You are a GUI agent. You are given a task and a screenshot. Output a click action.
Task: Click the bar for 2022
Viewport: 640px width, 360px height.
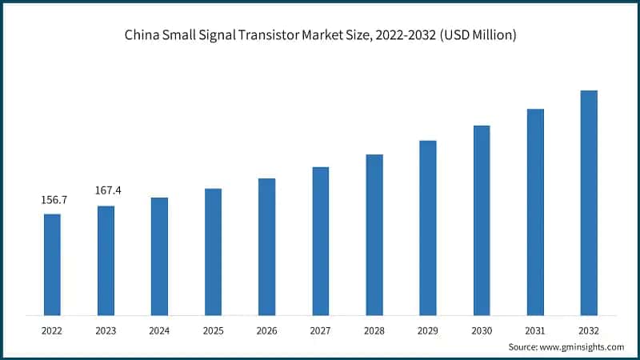pos(52,264)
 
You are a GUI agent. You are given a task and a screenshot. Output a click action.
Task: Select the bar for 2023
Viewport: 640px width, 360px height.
pos(106,260)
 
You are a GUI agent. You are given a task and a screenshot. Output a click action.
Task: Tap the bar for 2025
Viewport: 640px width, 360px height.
pos(213,251)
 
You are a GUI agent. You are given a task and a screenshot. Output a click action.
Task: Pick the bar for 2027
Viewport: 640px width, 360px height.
pos(321,240)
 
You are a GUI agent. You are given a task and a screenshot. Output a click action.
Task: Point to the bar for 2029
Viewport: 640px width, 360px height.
pos(428,227)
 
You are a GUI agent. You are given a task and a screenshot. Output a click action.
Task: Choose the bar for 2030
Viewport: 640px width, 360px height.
pos(482,219)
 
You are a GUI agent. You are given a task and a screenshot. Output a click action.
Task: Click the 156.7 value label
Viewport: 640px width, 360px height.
pos(54,200)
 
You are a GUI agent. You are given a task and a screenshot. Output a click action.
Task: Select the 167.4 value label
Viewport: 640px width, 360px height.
pos(108,191)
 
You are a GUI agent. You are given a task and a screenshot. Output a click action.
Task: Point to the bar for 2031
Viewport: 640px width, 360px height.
pos(535,211)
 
